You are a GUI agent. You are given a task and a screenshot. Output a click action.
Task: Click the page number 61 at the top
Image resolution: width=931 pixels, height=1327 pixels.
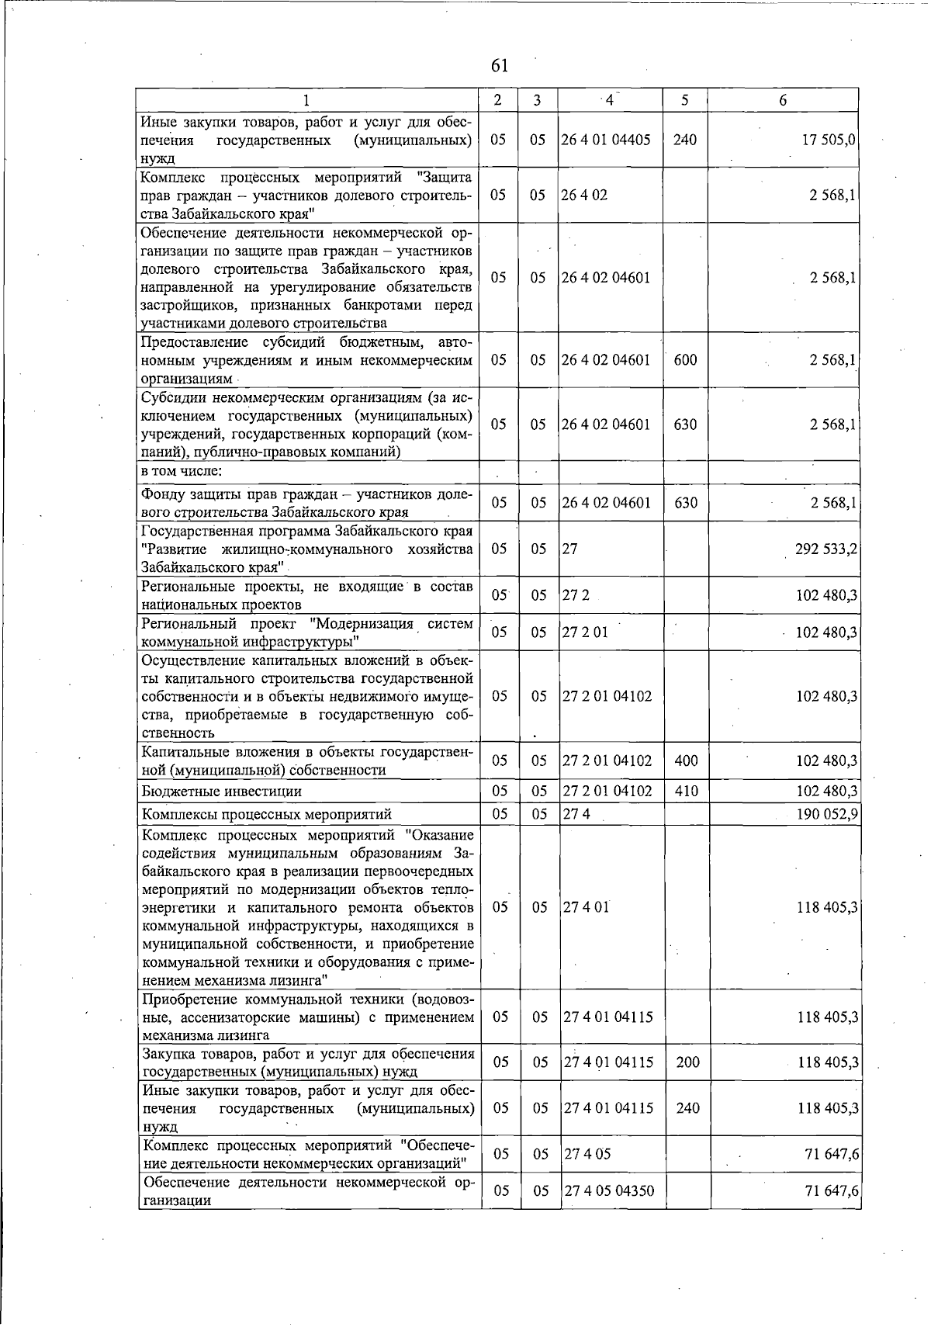(500, 64)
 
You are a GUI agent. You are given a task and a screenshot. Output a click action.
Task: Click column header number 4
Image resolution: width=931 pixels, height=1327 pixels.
(610, 100)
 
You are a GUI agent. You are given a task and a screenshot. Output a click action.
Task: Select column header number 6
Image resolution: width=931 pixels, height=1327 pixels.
(783, 100)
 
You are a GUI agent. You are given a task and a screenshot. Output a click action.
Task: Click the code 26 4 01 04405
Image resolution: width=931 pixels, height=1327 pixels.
(607, 140)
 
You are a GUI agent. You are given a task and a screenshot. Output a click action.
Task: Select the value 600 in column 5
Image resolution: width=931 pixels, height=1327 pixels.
(685, 360)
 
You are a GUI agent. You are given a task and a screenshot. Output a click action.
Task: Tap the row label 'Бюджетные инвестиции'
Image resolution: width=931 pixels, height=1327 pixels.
(221, 792)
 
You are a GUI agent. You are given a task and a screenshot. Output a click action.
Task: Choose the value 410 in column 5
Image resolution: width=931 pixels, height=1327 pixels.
(687, 792)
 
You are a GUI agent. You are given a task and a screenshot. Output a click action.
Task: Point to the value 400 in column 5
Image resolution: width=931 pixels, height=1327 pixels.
(687, 761)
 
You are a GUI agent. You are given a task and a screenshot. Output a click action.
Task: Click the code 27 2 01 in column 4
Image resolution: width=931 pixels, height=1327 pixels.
(586, 632)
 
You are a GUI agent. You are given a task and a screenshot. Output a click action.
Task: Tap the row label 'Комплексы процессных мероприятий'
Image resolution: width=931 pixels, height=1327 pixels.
(266, 814)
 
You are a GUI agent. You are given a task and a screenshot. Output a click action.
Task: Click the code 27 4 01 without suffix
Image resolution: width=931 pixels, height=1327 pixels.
(587, 908)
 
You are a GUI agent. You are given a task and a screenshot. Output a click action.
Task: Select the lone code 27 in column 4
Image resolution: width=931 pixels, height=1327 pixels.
(570, 549)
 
